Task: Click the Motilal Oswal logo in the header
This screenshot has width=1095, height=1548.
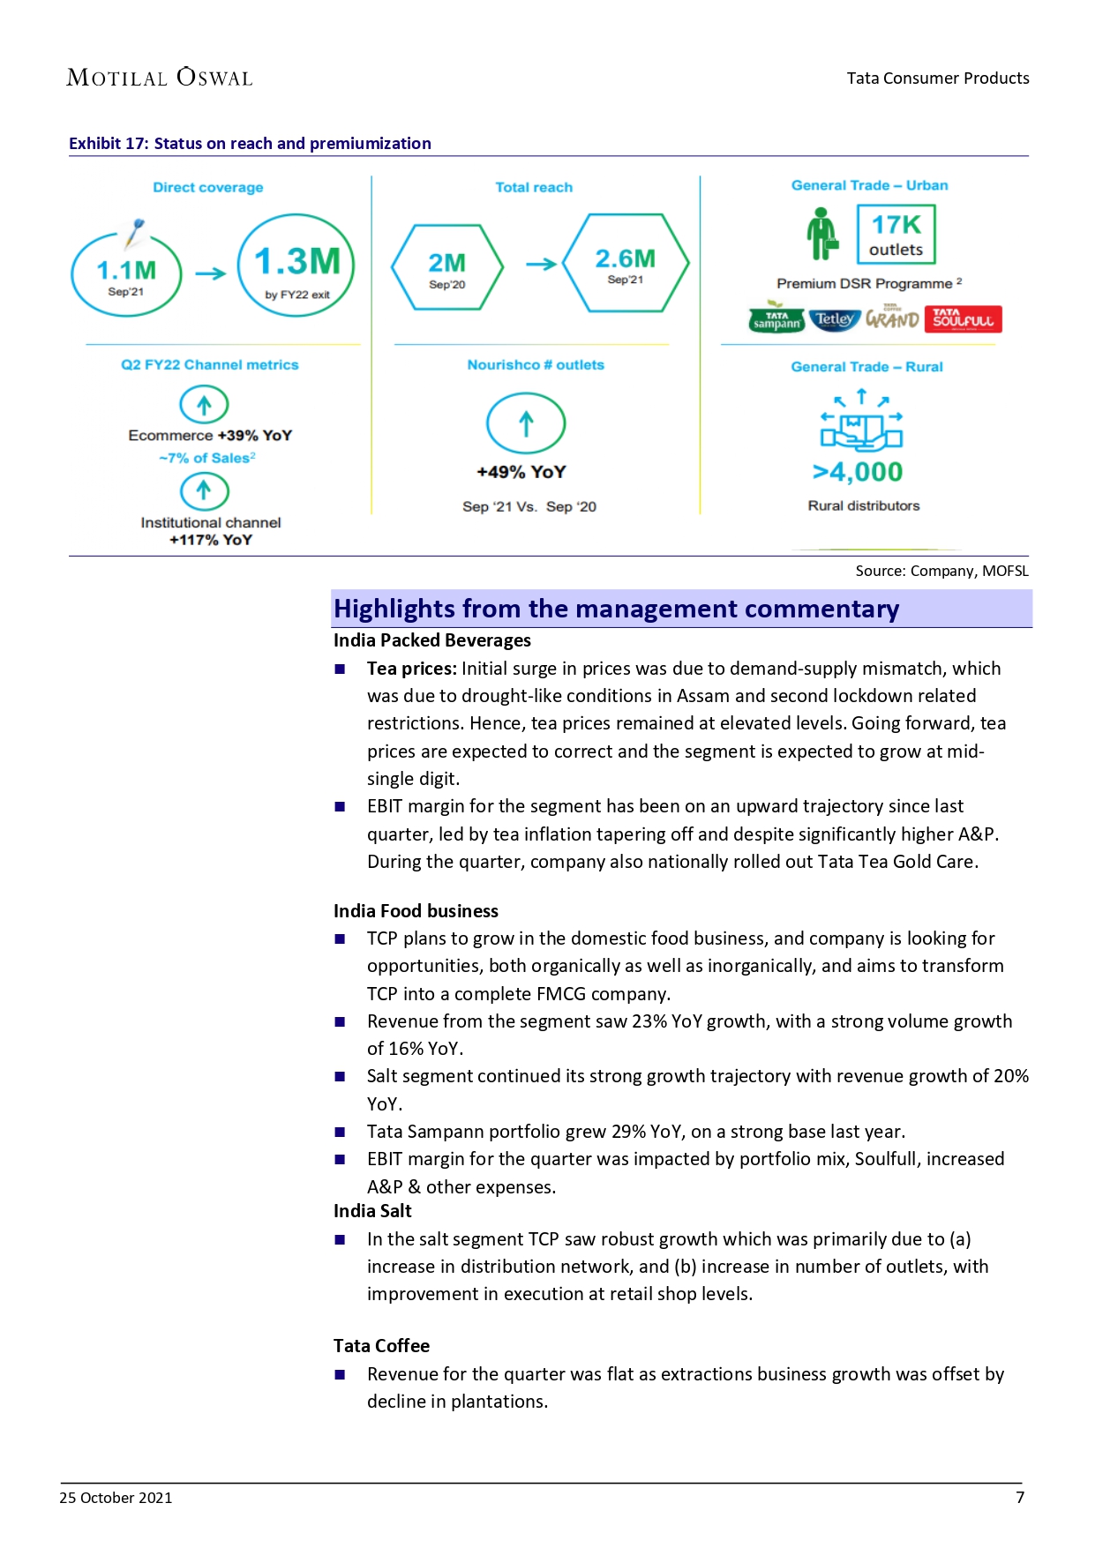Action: [x=160, y=78]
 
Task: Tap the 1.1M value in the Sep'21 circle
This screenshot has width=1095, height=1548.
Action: [x=126, y=270]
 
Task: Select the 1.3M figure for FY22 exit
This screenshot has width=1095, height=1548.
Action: [x=297, y=261]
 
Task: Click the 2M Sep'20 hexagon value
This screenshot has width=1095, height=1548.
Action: [x=446, y=263]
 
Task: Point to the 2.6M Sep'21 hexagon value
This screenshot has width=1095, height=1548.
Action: [x=625, y=258]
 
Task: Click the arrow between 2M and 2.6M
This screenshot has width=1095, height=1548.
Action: [x=541, y=264]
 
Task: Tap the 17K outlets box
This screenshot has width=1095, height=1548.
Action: [x=896, y=235]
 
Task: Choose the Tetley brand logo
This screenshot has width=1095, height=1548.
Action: [x=834, y=319]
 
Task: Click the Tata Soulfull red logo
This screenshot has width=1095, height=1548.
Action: [x=963, y=319]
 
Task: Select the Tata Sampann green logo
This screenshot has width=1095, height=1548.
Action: [x=776, y=319]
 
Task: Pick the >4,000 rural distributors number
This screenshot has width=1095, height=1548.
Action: [x=858, y=472]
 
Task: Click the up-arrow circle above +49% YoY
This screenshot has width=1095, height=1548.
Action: [x=526, y=424]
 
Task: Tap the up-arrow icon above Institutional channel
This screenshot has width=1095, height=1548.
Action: [x=204, y=490]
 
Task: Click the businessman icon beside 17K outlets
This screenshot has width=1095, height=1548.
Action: [x=822, y=234]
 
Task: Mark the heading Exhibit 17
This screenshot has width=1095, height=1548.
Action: [x=250, y=144]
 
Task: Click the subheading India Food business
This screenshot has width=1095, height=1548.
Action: [x=416, y=911]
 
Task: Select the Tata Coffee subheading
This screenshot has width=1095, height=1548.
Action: [x=381, y=1346]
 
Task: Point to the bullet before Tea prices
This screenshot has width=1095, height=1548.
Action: [x=340, y=669]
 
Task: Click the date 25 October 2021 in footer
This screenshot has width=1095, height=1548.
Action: [x=116, y=1498]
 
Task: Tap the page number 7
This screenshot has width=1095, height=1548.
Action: [x=1020, y=1498]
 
